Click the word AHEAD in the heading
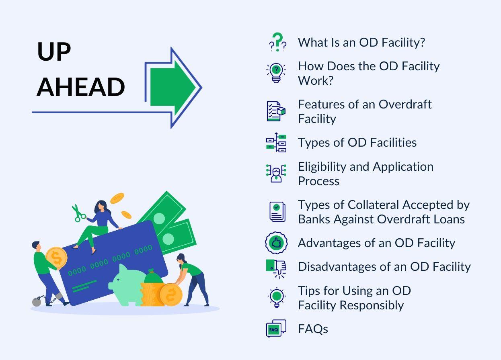pos(80,87)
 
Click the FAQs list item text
pos(313,329)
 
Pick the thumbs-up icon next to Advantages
pos(276,243)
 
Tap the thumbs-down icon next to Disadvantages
pos(277,267)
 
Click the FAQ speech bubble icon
pos(276,329)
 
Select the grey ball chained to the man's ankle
pos(37,301)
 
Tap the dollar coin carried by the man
pos(56,258)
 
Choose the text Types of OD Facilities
pos(357,143)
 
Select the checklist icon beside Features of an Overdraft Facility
pos(276,111)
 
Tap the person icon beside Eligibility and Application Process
pos(276,173)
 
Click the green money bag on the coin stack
pos(154,277)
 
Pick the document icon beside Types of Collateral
pos(277,211)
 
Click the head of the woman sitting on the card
pos(101,206)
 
